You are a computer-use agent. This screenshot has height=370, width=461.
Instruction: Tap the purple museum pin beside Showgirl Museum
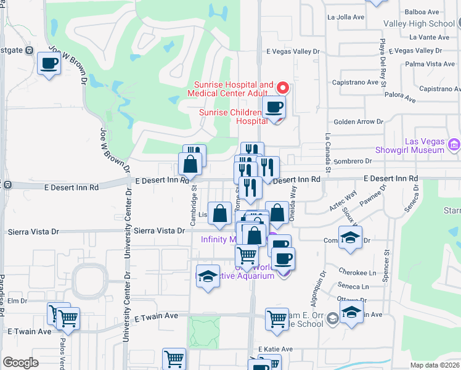point(455,146)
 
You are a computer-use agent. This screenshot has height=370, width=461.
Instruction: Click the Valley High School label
point(418,23)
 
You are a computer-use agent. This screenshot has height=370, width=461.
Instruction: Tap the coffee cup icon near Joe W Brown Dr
point(49,63)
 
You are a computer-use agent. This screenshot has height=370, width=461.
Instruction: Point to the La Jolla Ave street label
point(345,17)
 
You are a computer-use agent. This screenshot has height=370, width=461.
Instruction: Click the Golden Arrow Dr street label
point(357,122)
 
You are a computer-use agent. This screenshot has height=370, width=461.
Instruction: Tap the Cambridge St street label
point(194,202)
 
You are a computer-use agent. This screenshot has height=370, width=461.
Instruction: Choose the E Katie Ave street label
point(275,349)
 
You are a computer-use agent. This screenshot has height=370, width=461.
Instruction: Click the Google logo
point(20,363)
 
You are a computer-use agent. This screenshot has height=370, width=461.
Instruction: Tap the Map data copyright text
point(435,365)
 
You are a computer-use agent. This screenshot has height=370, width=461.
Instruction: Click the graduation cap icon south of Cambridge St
point(208,277)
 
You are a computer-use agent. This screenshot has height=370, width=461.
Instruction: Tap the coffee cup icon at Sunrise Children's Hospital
point(274,107)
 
